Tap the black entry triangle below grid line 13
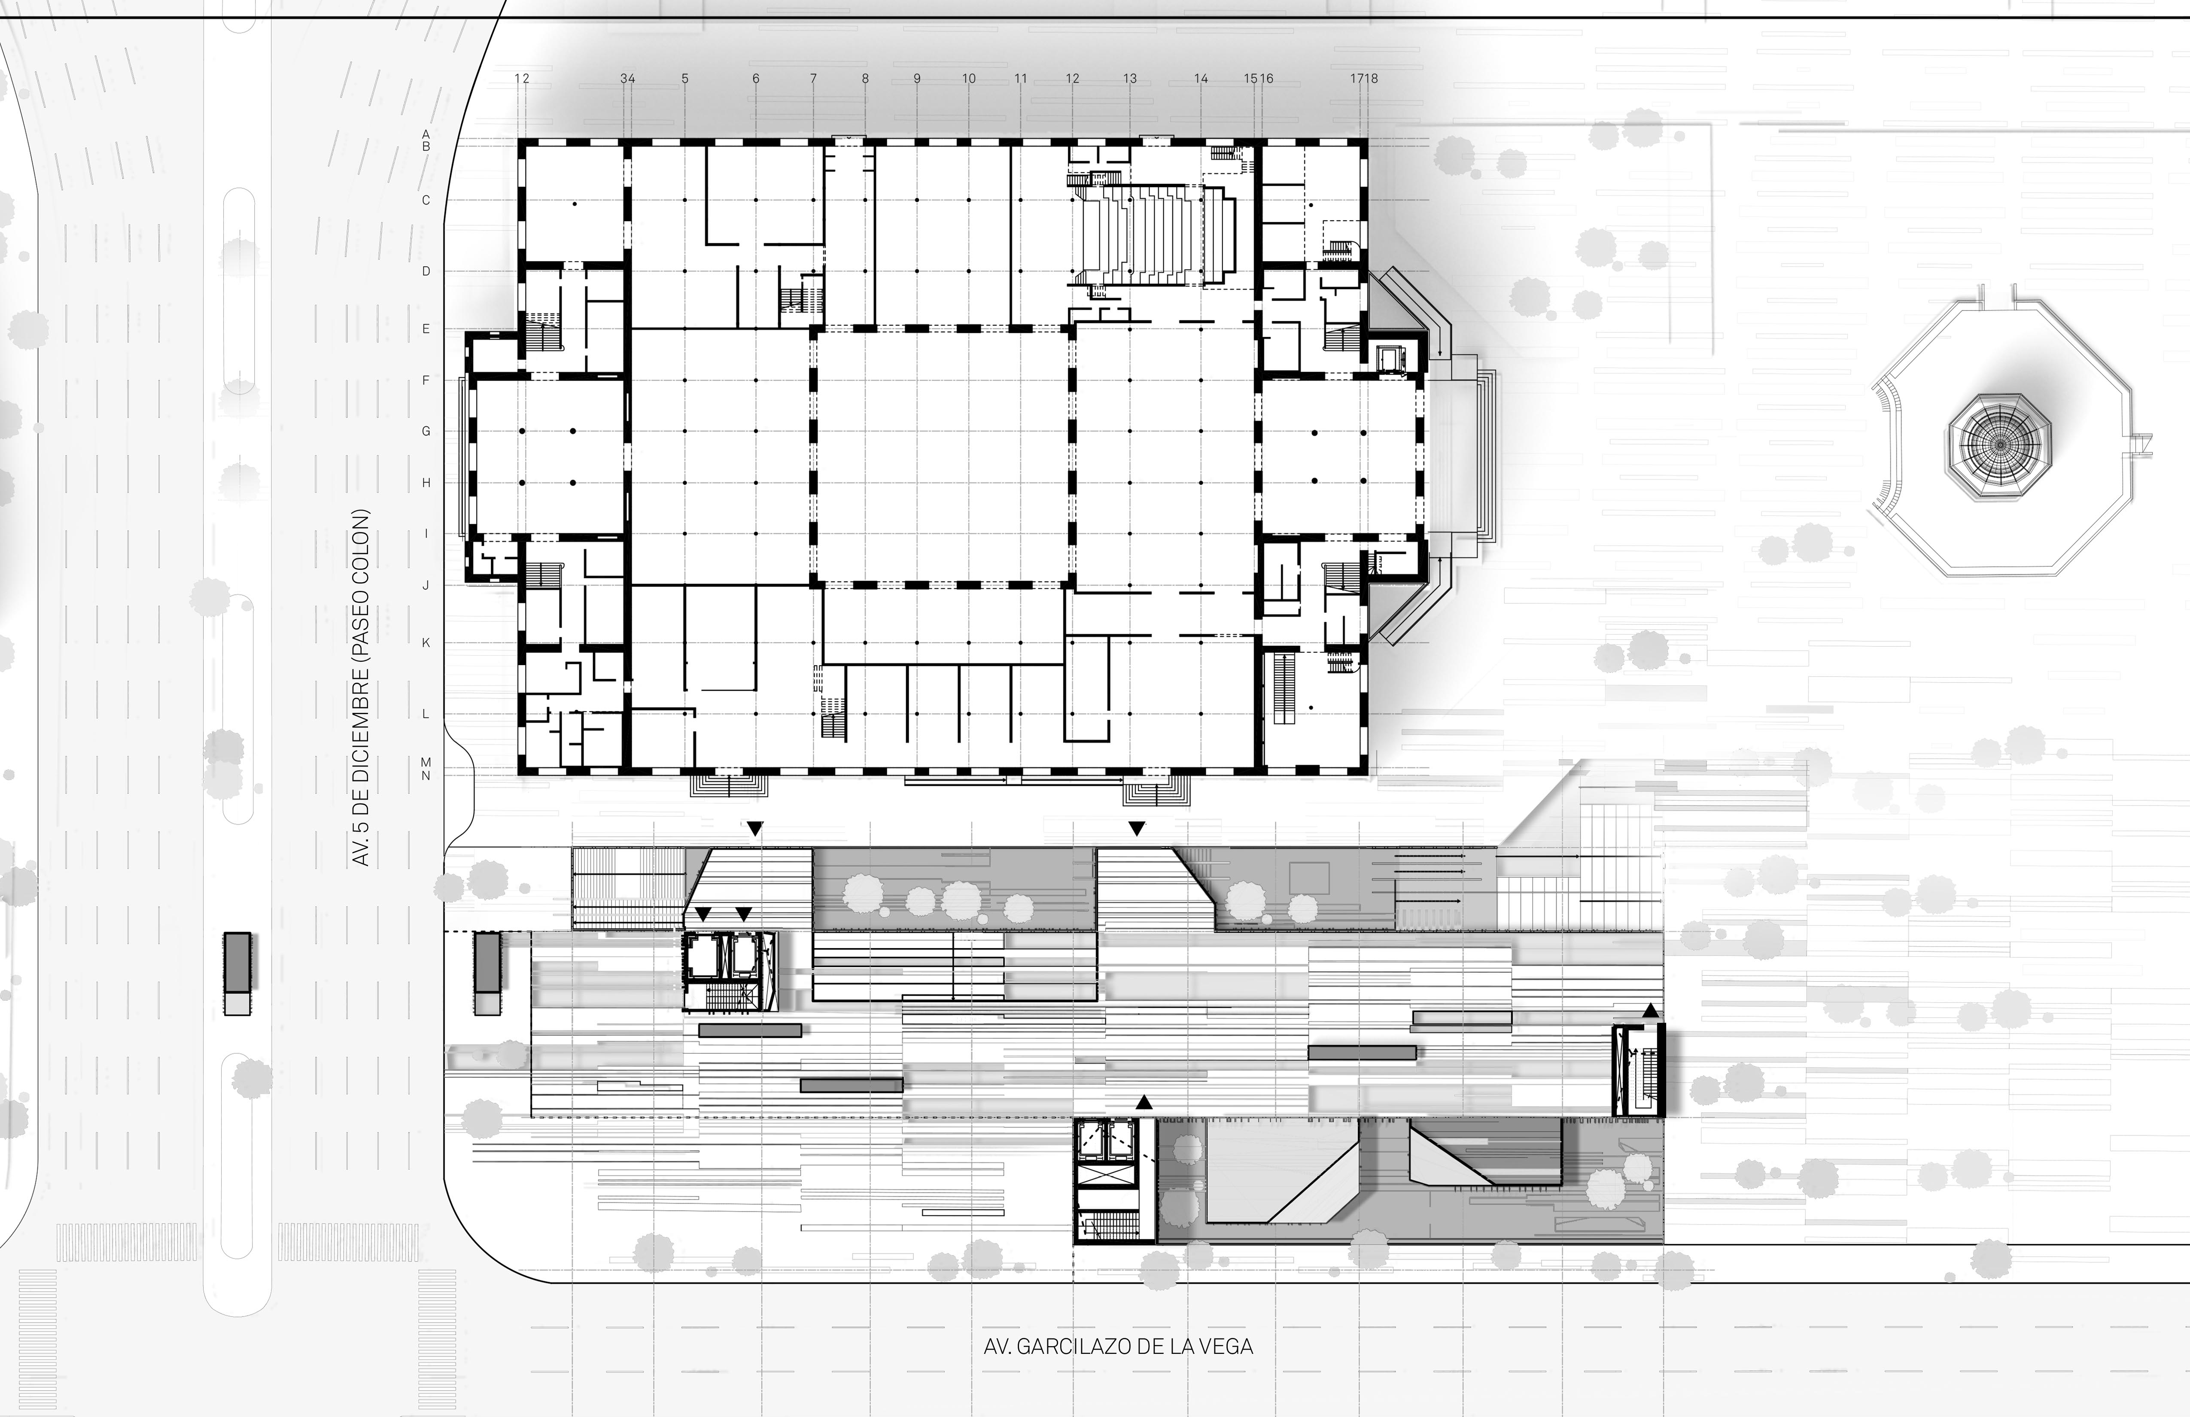[1136, 829]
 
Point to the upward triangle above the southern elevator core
[1144, 1101]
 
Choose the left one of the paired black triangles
[703, 914]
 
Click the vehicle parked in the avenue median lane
[237, 973]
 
